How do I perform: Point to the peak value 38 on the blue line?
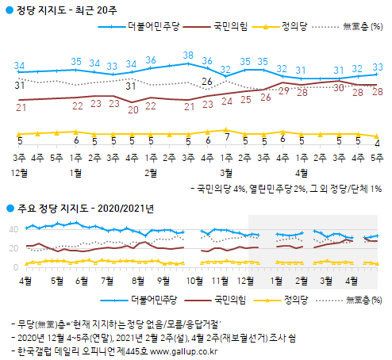pos(188,56)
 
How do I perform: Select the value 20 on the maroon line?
pos(133,106)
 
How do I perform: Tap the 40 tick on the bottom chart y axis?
pos(11,229)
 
